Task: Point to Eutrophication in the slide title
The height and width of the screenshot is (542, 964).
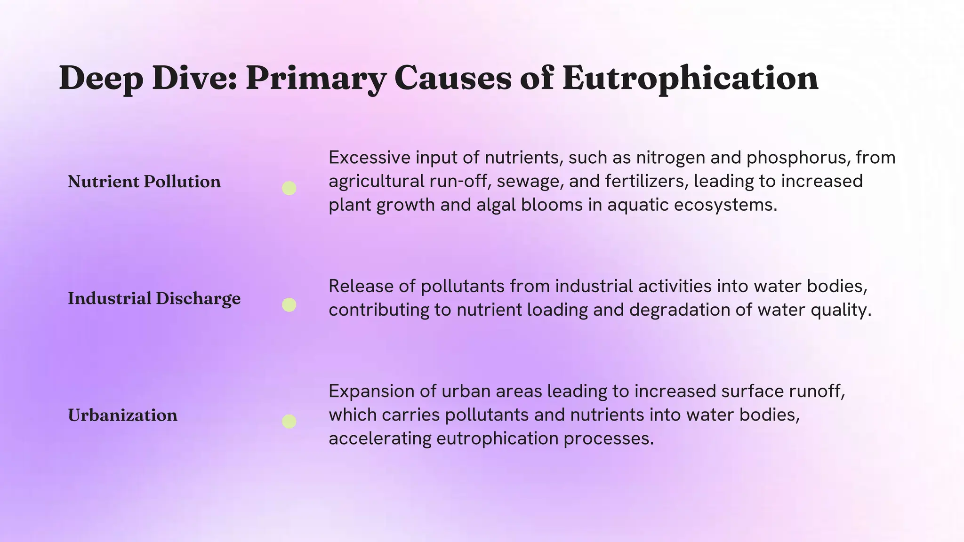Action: (690, 78)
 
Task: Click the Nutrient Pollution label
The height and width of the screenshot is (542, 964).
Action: (144, 182)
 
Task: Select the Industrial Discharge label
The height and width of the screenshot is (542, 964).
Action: (154, 298)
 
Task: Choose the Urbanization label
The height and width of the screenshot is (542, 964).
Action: (122, 415)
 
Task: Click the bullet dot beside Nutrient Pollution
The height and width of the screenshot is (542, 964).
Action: (289, 188)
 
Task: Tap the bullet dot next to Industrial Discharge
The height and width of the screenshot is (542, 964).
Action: (289, 305)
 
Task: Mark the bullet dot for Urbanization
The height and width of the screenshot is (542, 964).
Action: (289, 422)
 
